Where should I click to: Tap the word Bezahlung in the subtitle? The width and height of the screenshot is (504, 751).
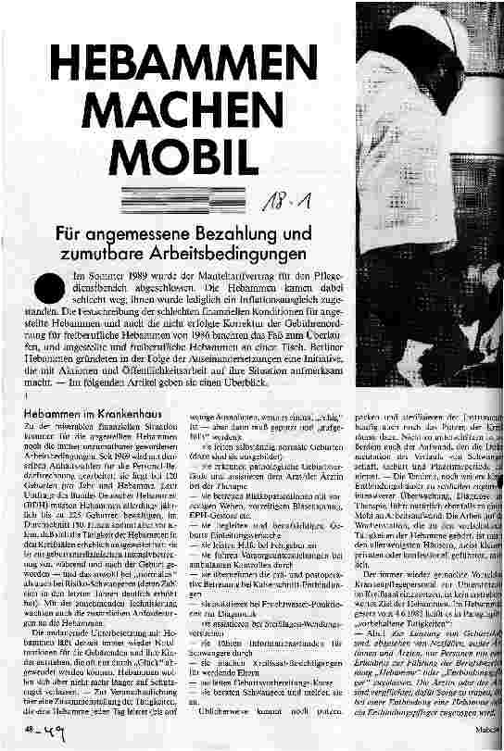pos(231,235)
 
